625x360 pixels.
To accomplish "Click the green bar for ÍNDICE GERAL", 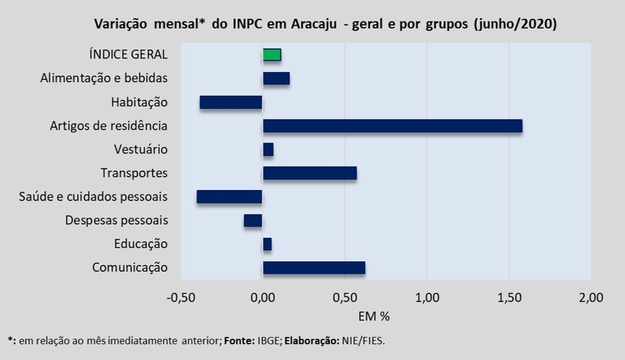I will (x=272, y=55).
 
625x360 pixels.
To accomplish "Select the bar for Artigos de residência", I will (x=392, y=126).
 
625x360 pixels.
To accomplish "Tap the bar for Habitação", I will (x=231, y=102).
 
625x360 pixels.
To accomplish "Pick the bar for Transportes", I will (x=309, y=173).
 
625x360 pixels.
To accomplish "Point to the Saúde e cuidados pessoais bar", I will (x=229, y=197).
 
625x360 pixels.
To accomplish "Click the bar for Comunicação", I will (x=314, y=268).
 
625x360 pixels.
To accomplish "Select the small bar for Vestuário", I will (x=268, y=149).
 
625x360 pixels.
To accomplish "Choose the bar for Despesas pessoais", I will (x=253, y=221).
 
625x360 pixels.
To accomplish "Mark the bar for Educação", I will (x=267, y=244).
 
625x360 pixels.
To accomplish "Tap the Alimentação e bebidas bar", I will (x=276, y=79).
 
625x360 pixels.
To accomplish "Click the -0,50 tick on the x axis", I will (x=180, y=298).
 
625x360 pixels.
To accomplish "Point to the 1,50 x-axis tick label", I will (x=509, y=298).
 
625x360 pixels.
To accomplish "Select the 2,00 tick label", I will (x=591, y=298).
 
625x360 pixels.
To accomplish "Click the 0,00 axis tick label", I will (x=263, y=298).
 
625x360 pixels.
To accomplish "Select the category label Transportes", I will (x=134, y=173).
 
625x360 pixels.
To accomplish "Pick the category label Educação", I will (x=141, y=244).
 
